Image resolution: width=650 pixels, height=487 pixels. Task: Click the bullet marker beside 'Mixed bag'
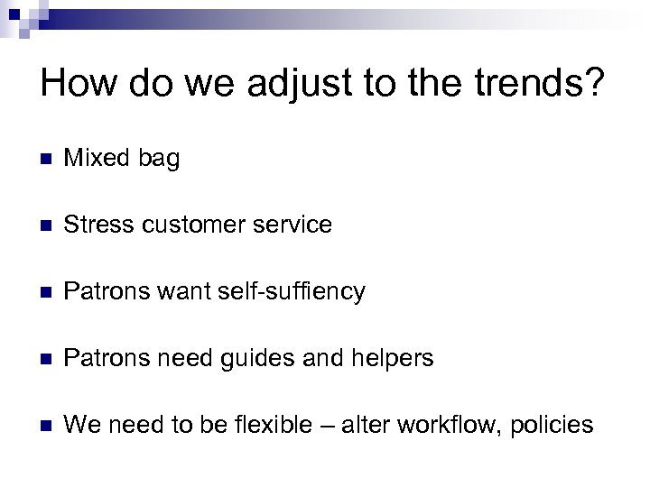[x=48, y=160]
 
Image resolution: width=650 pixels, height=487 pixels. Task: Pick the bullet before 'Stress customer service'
[x=48, y=225]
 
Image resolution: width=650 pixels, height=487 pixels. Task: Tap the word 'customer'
[x=192, y=225]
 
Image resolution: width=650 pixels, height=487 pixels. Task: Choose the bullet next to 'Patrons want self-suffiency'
[x=48, y=292]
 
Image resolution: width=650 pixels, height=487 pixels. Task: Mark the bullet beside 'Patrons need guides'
[x=48, y=359]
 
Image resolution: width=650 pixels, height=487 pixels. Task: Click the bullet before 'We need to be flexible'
[x=48, y=425]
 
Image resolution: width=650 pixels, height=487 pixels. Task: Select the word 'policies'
[x=552, y=425]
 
